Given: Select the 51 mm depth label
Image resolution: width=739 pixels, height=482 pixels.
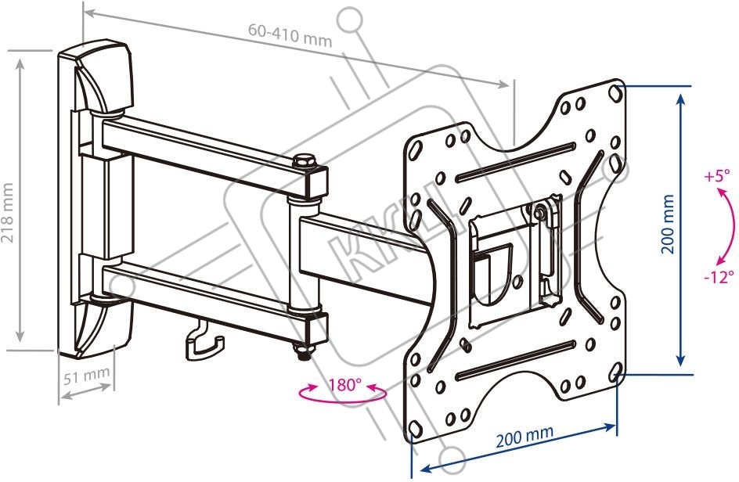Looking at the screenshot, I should (86, 376).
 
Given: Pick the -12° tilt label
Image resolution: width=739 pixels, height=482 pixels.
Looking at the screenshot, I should (718, 276).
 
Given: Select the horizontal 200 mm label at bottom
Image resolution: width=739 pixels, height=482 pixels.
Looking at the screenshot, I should (524, 435).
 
